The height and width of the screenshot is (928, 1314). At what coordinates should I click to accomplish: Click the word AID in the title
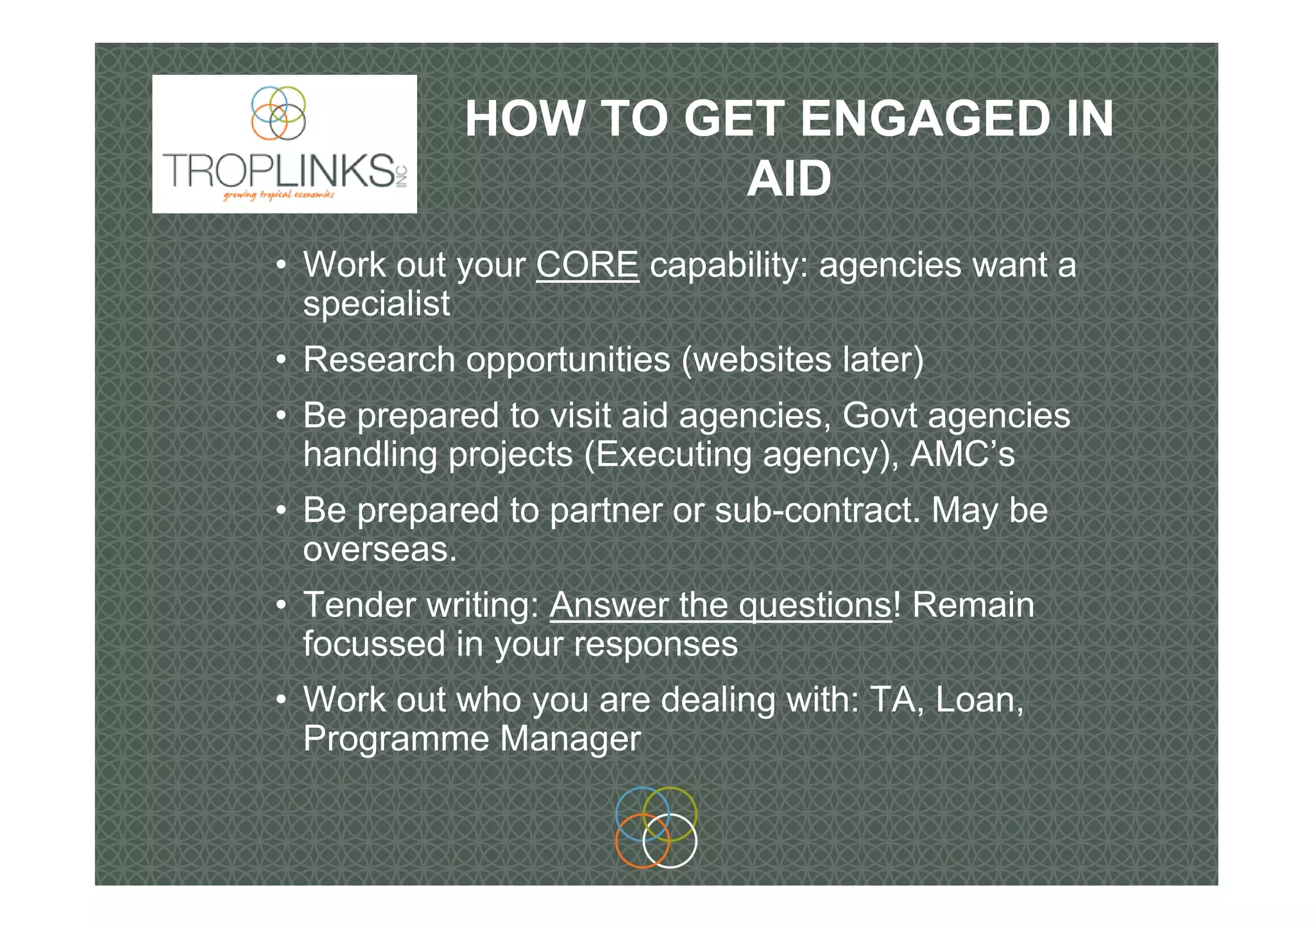point(789,179)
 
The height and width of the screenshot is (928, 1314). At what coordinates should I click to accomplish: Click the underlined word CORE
point(587,265)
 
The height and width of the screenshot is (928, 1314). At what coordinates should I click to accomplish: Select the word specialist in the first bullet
point(377,304)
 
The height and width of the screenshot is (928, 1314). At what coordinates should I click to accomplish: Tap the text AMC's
point(962,455)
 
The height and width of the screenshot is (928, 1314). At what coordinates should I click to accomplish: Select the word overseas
point(380,550)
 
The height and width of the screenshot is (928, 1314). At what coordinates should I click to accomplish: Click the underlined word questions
point(815,605)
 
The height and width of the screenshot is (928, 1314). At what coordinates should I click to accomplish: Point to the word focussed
point(374,644)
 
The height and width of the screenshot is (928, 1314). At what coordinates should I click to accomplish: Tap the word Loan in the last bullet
point(979,700)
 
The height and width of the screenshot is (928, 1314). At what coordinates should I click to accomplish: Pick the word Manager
point(570,739)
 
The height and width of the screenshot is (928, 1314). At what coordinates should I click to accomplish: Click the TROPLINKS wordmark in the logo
point(280,170)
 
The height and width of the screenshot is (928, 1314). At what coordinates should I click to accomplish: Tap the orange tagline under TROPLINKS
point(278,195)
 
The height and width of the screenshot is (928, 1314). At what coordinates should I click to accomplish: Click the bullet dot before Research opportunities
point(281,360)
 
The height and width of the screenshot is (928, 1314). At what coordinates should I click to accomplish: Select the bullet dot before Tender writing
point(281,606)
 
